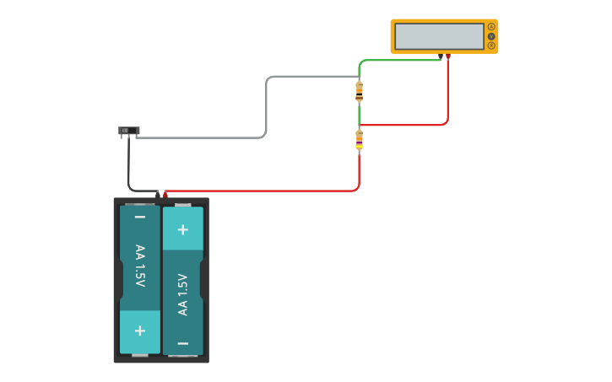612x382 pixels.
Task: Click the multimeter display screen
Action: (x=439, y=36)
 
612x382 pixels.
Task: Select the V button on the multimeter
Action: (x=491, y=36)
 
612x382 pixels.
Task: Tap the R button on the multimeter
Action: (x=491, y=46)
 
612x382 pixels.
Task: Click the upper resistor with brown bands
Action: (x=360, y=91)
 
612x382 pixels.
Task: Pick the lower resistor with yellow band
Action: (x=360, y=140)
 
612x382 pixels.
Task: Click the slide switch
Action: (x=128, y=131)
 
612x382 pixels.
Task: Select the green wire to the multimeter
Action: (x=397, y=60)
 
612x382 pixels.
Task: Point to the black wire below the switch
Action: (x=129, y=169)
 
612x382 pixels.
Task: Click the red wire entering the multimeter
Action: (x=447, y=93)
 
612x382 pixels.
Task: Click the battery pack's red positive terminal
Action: (x=165, y=195)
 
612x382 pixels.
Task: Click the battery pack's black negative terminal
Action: (x=157, y=195)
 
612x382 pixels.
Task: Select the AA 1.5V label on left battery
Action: (x=140, y=265)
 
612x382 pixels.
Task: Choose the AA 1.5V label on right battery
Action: (x=182, y=294)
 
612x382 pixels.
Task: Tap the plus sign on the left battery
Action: (x=140, y=331)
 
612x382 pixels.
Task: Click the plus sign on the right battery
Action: (x=182, y=229)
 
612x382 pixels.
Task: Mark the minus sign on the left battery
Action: (x=140, y=218)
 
